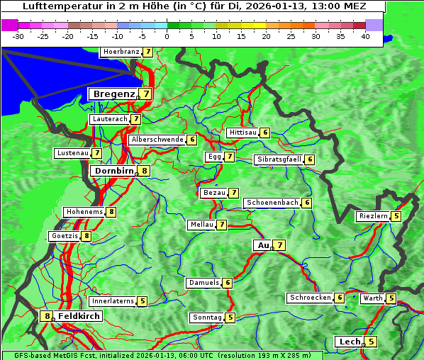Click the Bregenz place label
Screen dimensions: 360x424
(113, 94)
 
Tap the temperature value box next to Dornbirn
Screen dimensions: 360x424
(145, 171)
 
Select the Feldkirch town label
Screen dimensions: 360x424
(79, 316)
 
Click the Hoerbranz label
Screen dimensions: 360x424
(120, 52)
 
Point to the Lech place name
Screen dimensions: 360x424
(349, 342)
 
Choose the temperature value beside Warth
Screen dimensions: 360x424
(391, 298)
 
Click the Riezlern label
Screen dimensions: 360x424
(373, 216)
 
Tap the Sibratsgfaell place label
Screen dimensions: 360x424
(279, 159)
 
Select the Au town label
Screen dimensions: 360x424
(262, 245)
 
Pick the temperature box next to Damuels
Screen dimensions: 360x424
(228, 283)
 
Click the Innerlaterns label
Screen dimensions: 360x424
(113, 301)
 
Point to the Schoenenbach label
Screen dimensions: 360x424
(272, 203)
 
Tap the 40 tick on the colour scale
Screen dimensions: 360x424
(365, 35)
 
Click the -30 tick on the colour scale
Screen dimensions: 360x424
(18, 35)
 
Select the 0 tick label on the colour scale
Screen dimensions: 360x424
(167, 35)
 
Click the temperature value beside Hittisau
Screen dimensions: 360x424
(265, 133)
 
